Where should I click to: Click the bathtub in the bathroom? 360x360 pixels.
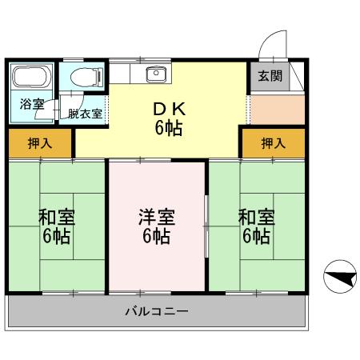point(30,80)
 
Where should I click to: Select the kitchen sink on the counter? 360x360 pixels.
point(154,74)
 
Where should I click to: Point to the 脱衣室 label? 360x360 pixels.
point(85,114)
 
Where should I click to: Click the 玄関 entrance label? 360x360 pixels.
point(270,77)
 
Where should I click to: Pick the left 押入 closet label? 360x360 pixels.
point(39,143)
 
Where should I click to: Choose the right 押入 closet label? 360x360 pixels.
point(273,143)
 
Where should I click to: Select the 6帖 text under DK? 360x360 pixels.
point(167,128)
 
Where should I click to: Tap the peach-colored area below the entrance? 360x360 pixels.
point(277,108)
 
